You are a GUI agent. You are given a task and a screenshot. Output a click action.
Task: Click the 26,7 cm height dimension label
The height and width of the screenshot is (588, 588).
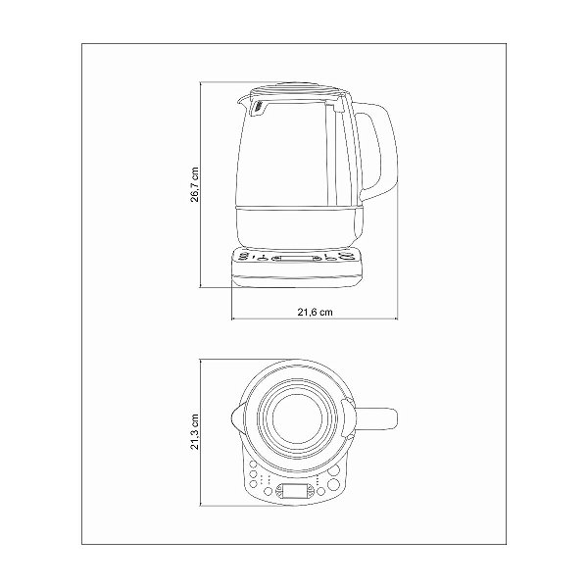194,184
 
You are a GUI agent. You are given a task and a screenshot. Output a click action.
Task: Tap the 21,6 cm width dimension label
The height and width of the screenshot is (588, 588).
315,312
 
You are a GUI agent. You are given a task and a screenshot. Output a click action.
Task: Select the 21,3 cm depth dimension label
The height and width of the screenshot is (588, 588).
194,431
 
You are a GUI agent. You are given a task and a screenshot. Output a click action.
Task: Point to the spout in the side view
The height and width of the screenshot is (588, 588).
242,101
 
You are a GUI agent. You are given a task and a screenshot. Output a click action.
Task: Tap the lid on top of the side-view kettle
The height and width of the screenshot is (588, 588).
296,90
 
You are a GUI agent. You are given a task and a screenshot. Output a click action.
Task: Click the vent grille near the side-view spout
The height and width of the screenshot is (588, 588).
258,107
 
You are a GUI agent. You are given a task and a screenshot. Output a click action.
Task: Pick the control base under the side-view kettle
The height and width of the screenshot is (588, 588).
297,268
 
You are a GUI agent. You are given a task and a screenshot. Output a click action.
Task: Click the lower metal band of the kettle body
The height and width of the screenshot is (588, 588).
299,226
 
